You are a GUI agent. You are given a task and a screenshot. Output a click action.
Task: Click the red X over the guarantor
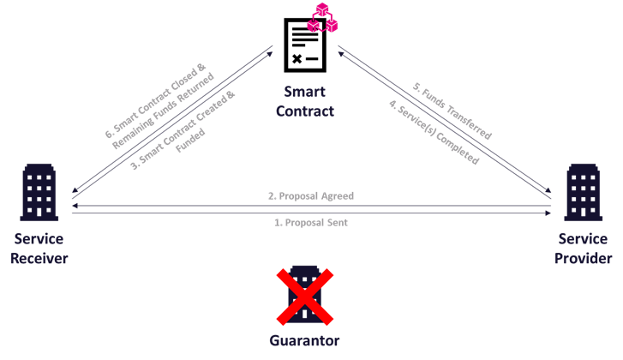[304, 297]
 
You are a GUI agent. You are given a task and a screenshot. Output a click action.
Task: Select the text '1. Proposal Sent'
[311, 222]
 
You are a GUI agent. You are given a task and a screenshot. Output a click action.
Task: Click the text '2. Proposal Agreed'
[311, 196]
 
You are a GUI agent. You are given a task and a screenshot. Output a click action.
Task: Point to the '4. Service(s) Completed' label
[434, 133]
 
